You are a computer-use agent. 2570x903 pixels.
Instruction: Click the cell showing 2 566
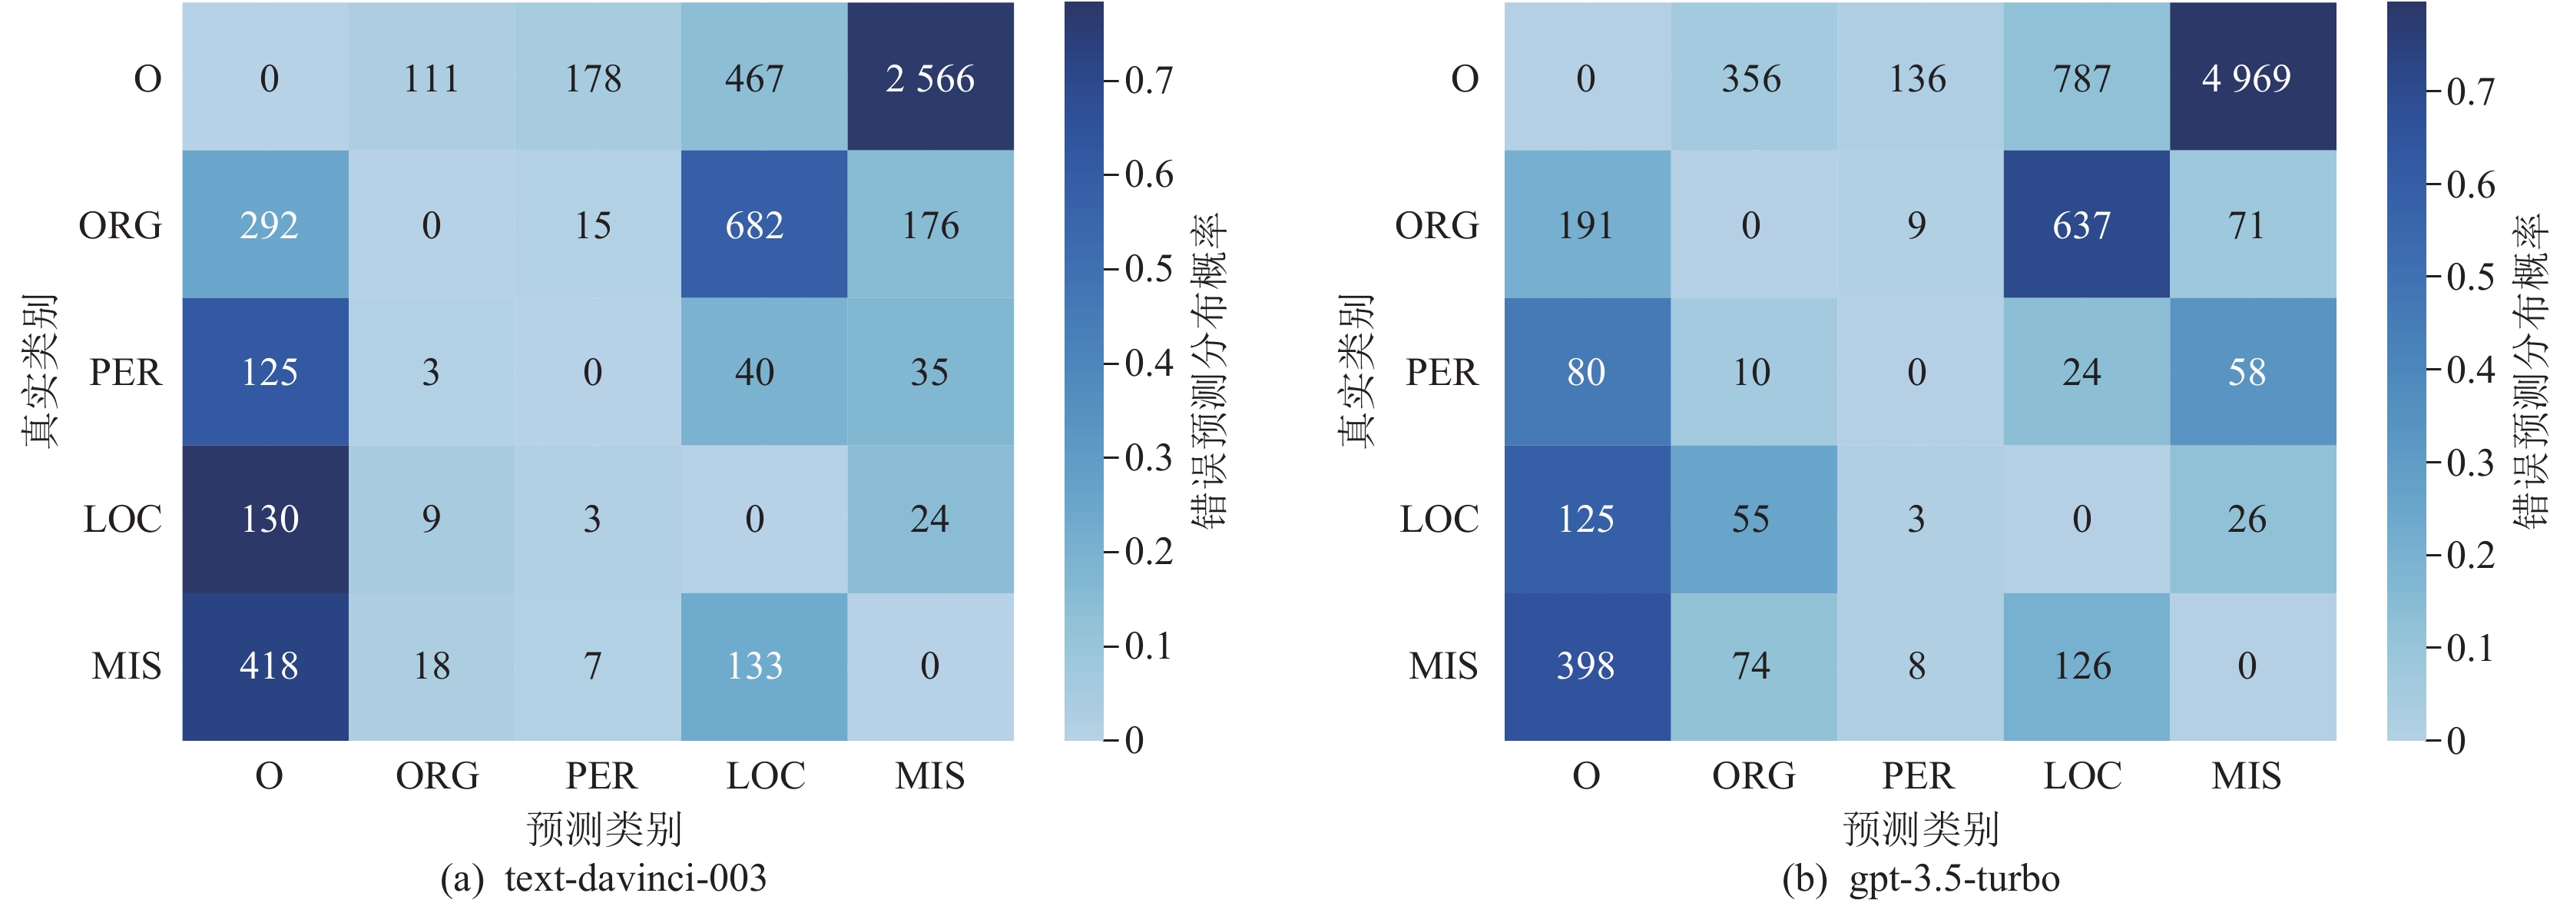(930, 78)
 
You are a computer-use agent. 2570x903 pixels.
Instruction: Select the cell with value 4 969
(2246, 78)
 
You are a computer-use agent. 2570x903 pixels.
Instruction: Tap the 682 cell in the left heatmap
(754, 225)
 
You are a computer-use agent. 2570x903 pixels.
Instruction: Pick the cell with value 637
(2082, 225)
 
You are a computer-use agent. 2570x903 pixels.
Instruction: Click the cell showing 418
(268, 666)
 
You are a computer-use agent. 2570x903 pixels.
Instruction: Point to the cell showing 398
(1585, 666)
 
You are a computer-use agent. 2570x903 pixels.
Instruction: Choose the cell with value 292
(268, 225)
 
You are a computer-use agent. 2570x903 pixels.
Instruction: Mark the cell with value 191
(1585, 225)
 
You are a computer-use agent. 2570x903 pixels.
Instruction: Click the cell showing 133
(754, 666)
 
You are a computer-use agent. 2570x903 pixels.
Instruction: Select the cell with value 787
(2082, 78)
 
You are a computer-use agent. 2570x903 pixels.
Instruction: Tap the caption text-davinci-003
(634, 879)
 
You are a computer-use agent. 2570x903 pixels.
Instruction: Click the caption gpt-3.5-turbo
(1953, 879)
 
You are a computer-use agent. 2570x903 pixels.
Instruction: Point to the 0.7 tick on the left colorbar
(1148, 80)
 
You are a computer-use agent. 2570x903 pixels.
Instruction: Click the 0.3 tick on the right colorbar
(2470, 463)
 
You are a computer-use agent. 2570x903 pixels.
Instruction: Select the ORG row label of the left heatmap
(120, 225)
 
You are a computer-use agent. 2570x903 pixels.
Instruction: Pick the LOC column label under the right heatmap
(2082, 775)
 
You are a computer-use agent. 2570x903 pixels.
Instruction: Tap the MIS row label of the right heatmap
(1442, 666)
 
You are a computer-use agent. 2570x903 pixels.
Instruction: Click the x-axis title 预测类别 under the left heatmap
(604, 828)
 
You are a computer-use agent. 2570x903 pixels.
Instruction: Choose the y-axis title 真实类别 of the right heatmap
(1356, 370)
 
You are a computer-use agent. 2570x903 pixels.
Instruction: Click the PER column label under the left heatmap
(601, 775)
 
